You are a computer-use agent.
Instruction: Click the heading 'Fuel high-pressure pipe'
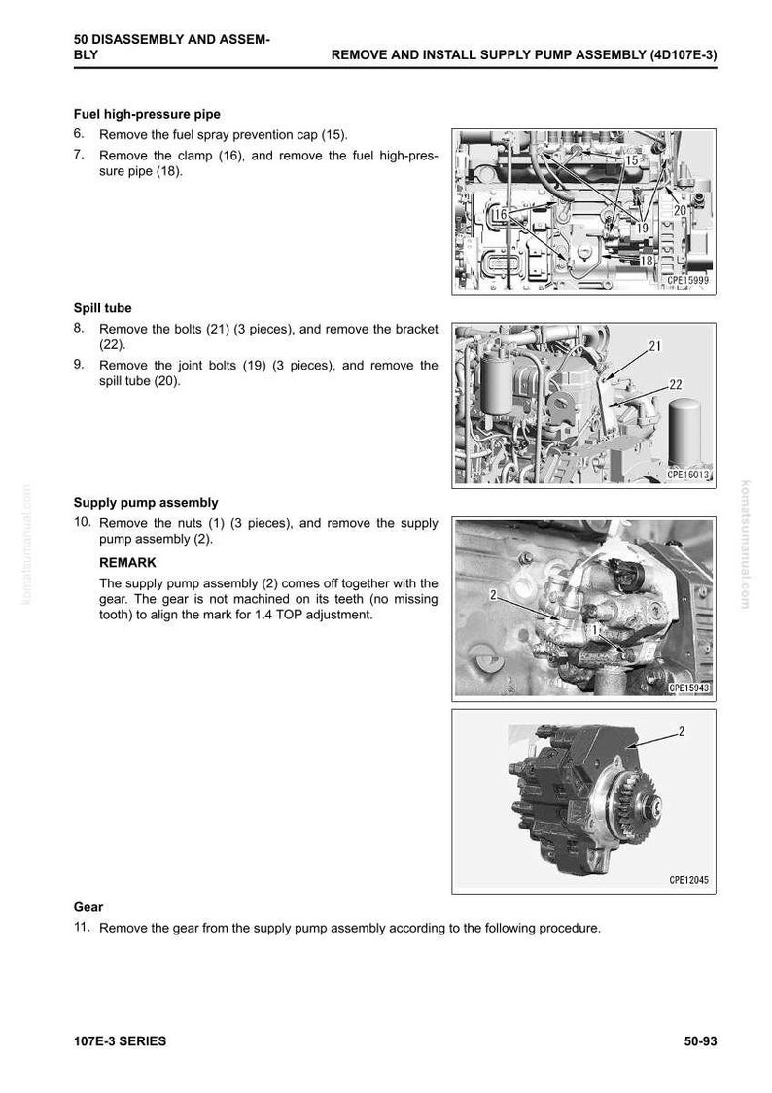click(x=147, y=115)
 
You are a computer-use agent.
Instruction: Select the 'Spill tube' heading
click(x=102, y=308)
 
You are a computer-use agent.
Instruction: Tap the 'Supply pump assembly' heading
click(x=146, y=503)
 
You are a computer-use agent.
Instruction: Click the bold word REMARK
click(x=127, y=562)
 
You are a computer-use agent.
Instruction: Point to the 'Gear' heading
click(x=88, y=907)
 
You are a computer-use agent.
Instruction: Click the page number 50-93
click(x=700, y=1041)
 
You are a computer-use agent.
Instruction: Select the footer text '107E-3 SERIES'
click(x=120, y=1041)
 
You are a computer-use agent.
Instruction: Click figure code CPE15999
click(x=687, y=281)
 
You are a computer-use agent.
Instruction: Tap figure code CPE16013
click(x=687, y=475)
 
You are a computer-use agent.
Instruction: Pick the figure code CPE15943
click(x=688, y=688)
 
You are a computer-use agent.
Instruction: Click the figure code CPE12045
click(x=688, y=880)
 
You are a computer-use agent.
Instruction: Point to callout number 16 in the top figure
click(x=500, y=214)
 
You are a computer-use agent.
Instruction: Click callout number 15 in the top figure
click(x=631, y=160)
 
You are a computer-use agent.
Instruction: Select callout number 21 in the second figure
click(x=655, y=346)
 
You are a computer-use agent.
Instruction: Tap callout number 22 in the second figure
click(x=675, y=385)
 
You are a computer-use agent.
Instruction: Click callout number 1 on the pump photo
click(x=594, y=630)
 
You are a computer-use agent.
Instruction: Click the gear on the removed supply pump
click(x=637, y=808)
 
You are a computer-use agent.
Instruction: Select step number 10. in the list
click(x=83, y=522)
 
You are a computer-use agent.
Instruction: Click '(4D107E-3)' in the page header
click(x=683, y=55)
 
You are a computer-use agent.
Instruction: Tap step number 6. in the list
click(x=79, y=134)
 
